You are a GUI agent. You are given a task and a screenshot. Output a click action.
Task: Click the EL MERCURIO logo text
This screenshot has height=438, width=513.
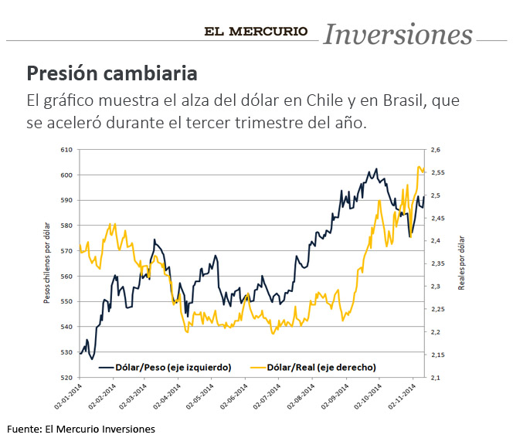[x=256, y=32]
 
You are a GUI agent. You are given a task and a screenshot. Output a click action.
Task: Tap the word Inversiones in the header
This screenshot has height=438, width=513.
[x=397, y=34]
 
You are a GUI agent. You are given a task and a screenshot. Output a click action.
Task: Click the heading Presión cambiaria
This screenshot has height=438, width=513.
[x=112, y=74]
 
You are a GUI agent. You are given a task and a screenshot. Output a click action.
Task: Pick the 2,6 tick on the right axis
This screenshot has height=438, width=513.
[x=435, y=150]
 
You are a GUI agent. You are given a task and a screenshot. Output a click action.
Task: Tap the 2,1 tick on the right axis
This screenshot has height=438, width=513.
[x=435, y=378]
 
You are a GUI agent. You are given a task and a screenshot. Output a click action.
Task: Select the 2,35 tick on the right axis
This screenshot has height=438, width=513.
[x=437, y=264]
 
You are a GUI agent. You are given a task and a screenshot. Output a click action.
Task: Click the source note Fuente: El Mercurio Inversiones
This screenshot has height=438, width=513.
[x=81, y=429]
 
